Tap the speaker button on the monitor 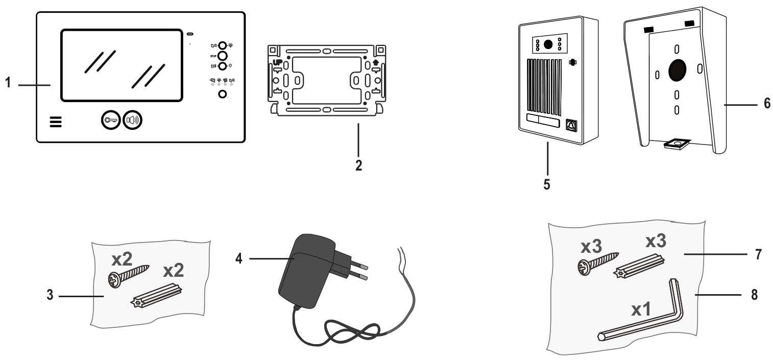coord(132,120)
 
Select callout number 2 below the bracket coord(358,165)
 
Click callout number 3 coord(49,296)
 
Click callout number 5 coord(547,184)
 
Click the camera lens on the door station coord(548,44)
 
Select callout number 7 coord(759,253)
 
